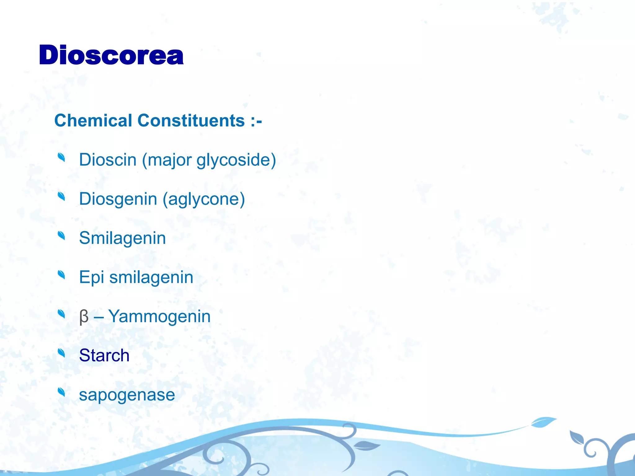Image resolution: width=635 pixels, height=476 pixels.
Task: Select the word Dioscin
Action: (108, 160)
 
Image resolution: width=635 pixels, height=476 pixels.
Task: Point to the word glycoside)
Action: (236, 161)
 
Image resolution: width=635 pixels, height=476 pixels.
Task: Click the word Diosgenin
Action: (118, 199)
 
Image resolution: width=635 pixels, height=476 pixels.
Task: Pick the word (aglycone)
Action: (204, 199)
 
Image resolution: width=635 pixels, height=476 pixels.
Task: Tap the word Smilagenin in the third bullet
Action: (122, 238)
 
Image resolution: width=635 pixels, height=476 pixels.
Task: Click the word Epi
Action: (91, 277)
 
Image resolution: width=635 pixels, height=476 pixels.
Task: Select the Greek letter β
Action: (84, 317)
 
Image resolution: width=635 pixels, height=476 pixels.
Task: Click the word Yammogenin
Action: (159, 317)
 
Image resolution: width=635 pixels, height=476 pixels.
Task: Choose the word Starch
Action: (104, 355)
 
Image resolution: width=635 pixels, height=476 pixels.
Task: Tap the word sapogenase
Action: (127, 395)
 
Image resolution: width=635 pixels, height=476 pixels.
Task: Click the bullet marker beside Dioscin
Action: (61, 157)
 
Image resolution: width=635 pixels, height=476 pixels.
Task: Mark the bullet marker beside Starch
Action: (61, 353)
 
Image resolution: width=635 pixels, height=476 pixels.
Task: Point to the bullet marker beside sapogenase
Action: (61, 392)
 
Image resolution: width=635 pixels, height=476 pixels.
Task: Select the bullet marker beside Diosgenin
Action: (61, 196)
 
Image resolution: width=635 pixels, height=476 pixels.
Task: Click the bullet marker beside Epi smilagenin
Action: (61, 275)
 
